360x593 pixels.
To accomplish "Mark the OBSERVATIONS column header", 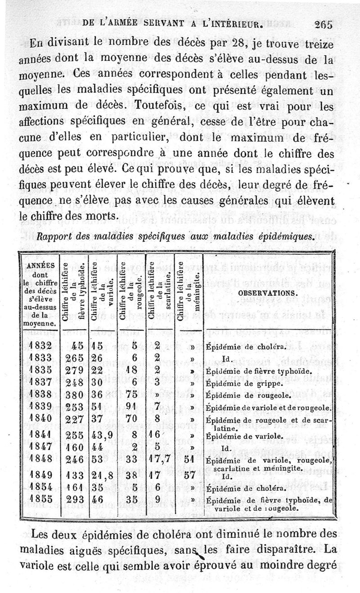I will [269, 292].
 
